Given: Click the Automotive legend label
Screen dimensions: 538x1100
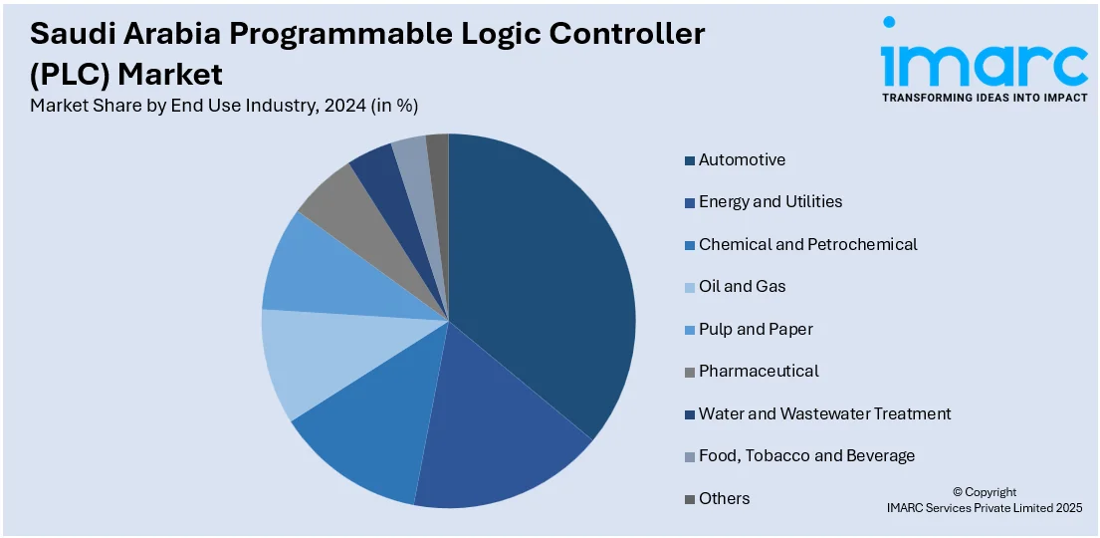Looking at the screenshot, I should tap(742, 159).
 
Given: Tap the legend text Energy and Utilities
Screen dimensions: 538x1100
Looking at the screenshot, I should tap(770, 201).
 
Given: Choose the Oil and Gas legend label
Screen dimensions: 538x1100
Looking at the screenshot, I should tap(742, 286).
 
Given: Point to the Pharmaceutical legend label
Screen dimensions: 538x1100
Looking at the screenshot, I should tap(759, 371).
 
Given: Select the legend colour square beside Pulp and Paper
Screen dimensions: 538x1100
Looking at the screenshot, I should tap(689, 330).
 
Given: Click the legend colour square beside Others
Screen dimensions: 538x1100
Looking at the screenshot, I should tap(689, 499).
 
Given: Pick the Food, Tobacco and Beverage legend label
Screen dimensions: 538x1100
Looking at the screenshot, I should tap(806, 455).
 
